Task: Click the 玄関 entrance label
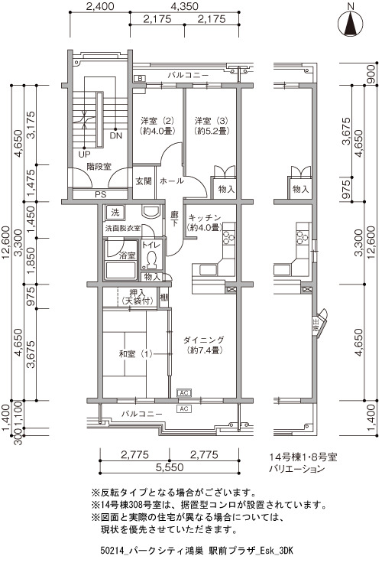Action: (x=144, y=181)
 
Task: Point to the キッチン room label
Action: (x=204, y=223)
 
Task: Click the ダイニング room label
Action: (x=204, y=345)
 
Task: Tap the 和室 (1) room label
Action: (x=136, y=353)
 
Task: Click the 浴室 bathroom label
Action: (x=128, y=255)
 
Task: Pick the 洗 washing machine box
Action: (x=115, y=213)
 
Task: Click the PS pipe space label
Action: (x=101, y=194)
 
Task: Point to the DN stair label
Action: (x=116, y=136)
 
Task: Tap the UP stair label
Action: (x=84, y=155)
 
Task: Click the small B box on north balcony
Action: (x=140, y=78)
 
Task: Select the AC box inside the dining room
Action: (x=183, y=392)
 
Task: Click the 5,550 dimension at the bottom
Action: (x=170, y=467)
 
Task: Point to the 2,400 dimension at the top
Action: (x=100, y=7)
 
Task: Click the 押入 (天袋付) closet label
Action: (x=138, y=297)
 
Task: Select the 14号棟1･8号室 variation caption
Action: (x=303, y=457)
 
